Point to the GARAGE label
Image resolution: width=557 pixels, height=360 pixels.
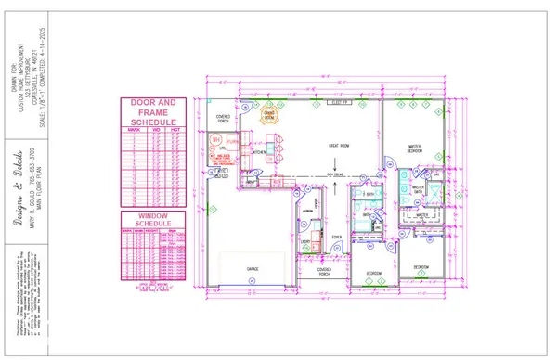point(252,268)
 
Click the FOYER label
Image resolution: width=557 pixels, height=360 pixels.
point(338,238)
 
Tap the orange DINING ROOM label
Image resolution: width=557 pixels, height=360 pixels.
point(269,117)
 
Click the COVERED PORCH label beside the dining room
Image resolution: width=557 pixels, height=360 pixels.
point(223,118)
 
